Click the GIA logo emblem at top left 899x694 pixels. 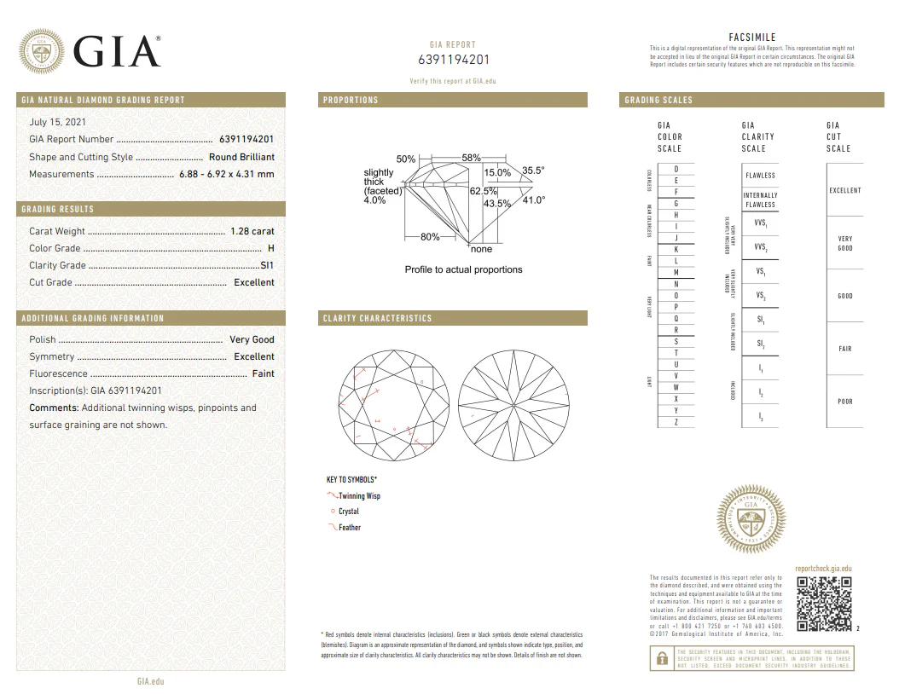coord(42,52)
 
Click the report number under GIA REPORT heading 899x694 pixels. coord(454,60)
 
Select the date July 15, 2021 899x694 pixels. coord(57,122)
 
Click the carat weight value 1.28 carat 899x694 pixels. coord(252,231)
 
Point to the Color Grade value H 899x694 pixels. coord(270,248)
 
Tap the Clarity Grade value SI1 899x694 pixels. coord(267,265)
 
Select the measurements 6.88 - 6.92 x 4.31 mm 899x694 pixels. coord(226,174)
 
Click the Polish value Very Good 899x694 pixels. coord(252,339)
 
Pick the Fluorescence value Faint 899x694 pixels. coord(263,373)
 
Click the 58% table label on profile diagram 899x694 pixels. coord(471,158)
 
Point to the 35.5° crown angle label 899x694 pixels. coord(533,171)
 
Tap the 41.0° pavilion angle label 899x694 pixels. coord(533,200)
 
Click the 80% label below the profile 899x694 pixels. coord(430,237)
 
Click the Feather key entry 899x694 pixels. coord(349,528)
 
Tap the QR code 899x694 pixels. coord(824,604)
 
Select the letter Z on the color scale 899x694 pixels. coord(676,422)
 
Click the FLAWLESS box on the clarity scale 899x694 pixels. coord(760,175)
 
